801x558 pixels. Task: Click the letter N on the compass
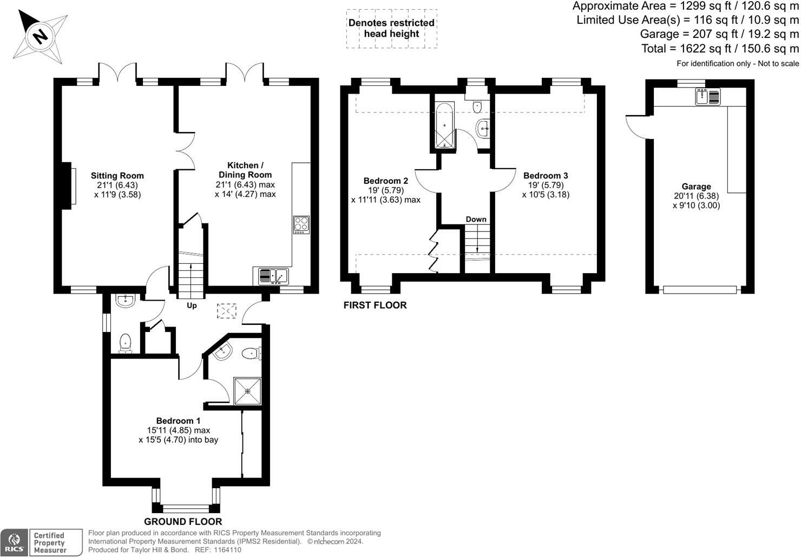[x=40, y=36]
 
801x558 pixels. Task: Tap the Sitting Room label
[x=117, y=176]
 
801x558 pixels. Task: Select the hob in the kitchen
[x=301, y=225]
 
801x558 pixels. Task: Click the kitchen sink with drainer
[x=273, y=276]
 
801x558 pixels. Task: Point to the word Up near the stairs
[x=192, y=306]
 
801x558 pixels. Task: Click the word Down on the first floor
[x=476, y=220]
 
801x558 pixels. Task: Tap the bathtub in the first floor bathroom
[x=445, y=125]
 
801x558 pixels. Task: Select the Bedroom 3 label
[x=546, y=176]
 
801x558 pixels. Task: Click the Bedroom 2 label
[x=385, y=181]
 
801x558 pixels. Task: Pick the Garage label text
[x=696, y=187]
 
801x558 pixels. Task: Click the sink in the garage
[x=708, y=97]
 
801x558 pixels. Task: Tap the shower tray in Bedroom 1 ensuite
[x=247, y=391]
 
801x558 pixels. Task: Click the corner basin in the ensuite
[x=223, y=351]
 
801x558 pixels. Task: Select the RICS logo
[x=14, y=542]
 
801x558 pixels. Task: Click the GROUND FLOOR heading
[x=183, y=522]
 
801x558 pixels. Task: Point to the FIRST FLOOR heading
[x=375, y=305]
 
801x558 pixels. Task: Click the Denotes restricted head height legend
[x=391, y=29]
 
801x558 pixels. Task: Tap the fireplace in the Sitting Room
[x=69, y=186]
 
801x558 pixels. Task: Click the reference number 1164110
[x=227, y=550]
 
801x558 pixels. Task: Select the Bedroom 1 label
[x=179, y=421]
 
